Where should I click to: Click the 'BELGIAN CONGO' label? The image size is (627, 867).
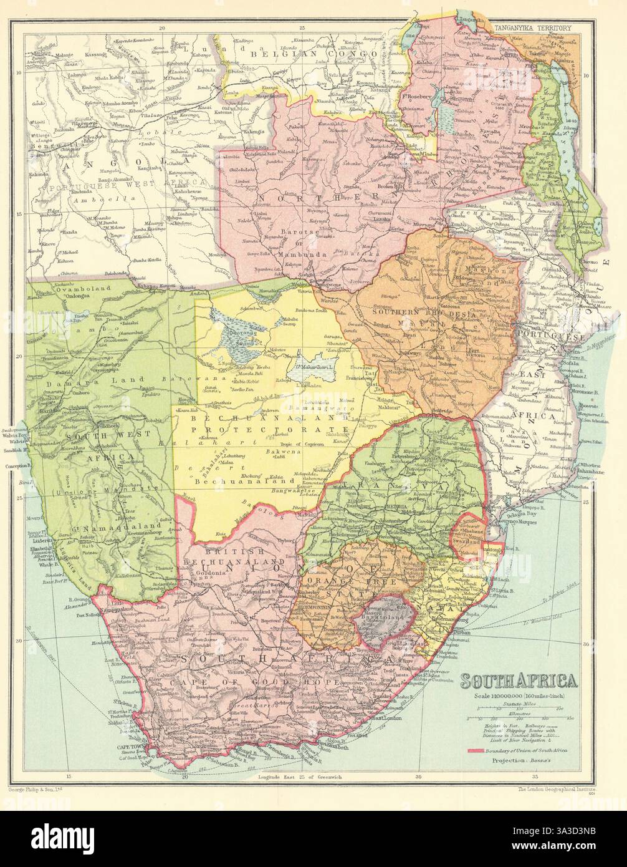[x=279, y=54]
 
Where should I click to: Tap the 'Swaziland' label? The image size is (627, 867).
[x=472, y=542]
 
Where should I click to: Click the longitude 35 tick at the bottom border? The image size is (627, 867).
[x=535, y=778]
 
